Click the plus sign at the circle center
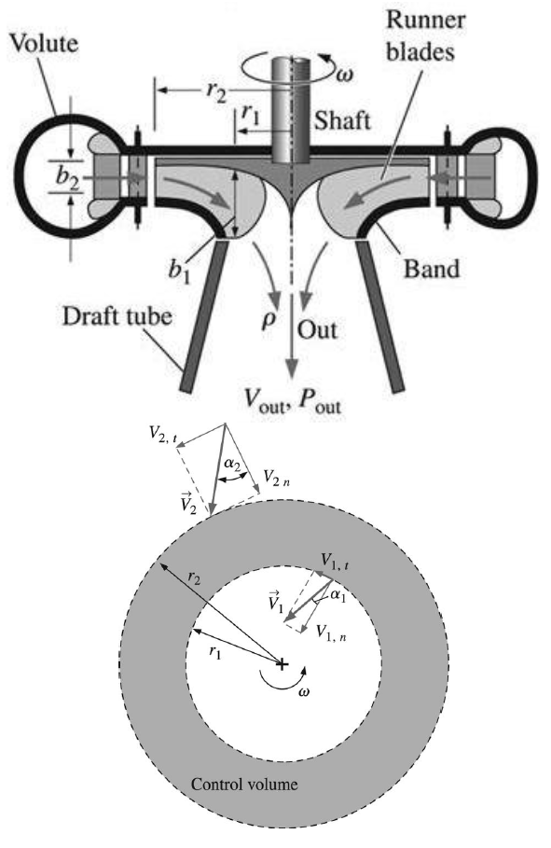[x=282, y=663]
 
